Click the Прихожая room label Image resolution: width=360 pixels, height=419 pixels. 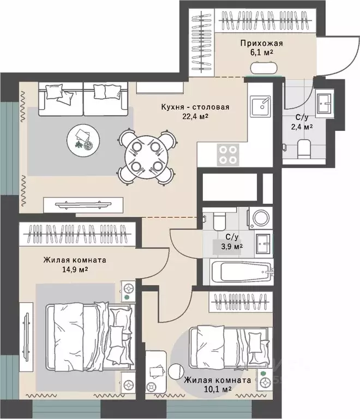pos(261,43)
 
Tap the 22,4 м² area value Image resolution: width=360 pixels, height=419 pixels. pos(195,116)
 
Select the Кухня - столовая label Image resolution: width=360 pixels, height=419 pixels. pos(195,107)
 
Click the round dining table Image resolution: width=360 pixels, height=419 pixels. pos(146,157)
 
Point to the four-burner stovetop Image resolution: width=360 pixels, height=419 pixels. pos(228,155)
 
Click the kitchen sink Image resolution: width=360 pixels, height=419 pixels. pos(261,106)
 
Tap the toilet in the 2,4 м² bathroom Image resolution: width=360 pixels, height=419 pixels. pos(304,149)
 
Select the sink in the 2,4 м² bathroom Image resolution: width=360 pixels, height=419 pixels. pos(325,103)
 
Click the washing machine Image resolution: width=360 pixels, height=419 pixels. pos(260,218)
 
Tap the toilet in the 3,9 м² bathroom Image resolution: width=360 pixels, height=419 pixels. pos(219,219)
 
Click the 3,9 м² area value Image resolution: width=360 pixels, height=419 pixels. pos(231,247)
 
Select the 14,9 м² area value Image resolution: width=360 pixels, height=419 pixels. pos(75,270)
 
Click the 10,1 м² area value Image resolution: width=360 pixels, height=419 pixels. pos(218,389)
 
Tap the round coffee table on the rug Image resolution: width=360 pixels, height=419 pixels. pos(83,140)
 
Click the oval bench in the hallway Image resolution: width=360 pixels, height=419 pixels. pos(263,68)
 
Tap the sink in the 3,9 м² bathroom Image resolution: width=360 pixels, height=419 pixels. pos(263,244)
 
